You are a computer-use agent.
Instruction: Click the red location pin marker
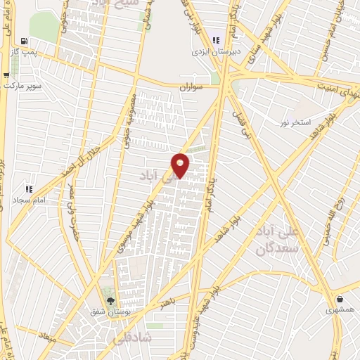(x=181, y=165)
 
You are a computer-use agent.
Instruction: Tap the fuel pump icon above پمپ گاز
(x=26, y=41)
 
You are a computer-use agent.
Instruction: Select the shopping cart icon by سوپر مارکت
(x=6, y=75)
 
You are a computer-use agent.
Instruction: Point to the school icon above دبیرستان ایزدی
(x=217, y=40)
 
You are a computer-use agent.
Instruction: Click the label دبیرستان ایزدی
(x=217, y=51)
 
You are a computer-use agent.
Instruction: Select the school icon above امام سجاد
(x=29, y=189)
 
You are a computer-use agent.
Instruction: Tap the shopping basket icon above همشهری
(x=339, y=298)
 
